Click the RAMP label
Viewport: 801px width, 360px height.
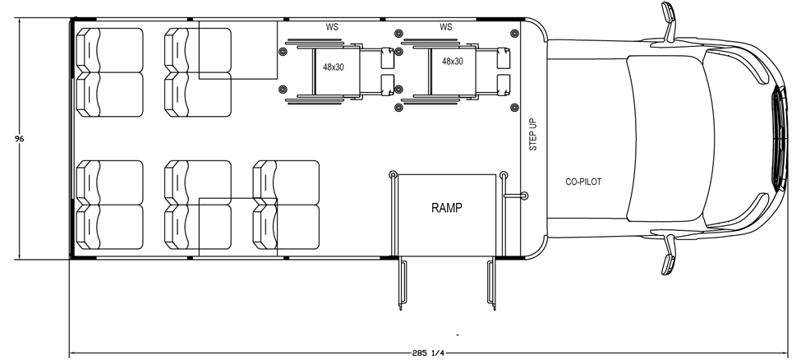[447, 208]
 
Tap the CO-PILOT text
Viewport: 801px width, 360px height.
[583, 182]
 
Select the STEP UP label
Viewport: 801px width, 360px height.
[533, 134]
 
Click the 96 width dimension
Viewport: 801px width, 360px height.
[20, 139]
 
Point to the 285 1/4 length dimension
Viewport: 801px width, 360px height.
[427, 353]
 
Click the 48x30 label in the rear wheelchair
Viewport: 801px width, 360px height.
[333, 67]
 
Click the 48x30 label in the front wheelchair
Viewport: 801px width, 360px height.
[453, 61]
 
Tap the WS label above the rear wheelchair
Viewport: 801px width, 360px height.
[332, 27]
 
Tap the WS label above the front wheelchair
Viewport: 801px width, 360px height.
[445, 27]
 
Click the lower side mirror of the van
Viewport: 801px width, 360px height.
[669, 254]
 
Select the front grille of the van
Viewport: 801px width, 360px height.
[780, 139]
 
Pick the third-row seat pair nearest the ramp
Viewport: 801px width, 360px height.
[286, 205]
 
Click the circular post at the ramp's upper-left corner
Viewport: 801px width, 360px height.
[393, 175]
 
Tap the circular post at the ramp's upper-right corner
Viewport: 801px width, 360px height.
[504, 175]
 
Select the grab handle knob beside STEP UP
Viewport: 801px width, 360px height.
[523, 196]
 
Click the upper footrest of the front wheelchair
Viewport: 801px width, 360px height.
[504, 58]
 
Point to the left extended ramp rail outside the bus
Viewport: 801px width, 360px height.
[402, 284]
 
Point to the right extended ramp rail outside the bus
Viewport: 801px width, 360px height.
[492, 284]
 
